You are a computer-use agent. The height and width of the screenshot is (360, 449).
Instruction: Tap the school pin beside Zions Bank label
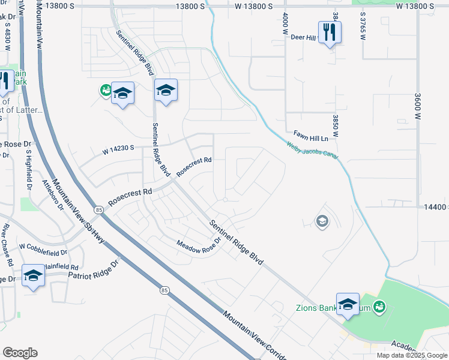pyautogui.click(x=348, y=304)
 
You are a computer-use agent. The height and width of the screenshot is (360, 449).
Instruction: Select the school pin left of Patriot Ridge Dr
pyautogui.click(x=33, y=275)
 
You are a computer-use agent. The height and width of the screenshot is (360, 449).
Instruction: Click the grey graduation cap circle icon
pyautogui.click(x=322, y=222)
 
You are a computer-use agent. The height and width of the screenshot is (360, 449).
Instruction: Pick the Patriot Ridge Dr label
pyautogui.click(x=94, y=269)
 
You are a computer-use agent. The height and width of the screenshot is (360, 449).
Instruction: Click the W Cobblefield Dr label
pyautogui.click(x=43, y=246)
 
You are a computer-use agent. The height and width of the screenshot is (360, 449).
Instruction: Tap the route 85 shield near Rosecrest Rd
pyautogui.click(x=98, y=209)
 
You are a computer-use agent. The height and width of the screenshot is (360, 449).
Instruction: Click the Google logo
pyautogui.click(x=20, y=352)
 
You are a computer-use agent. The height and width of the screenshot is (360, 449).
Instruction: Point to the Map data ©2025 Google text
pyautogui.click(x=411, y=355)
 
